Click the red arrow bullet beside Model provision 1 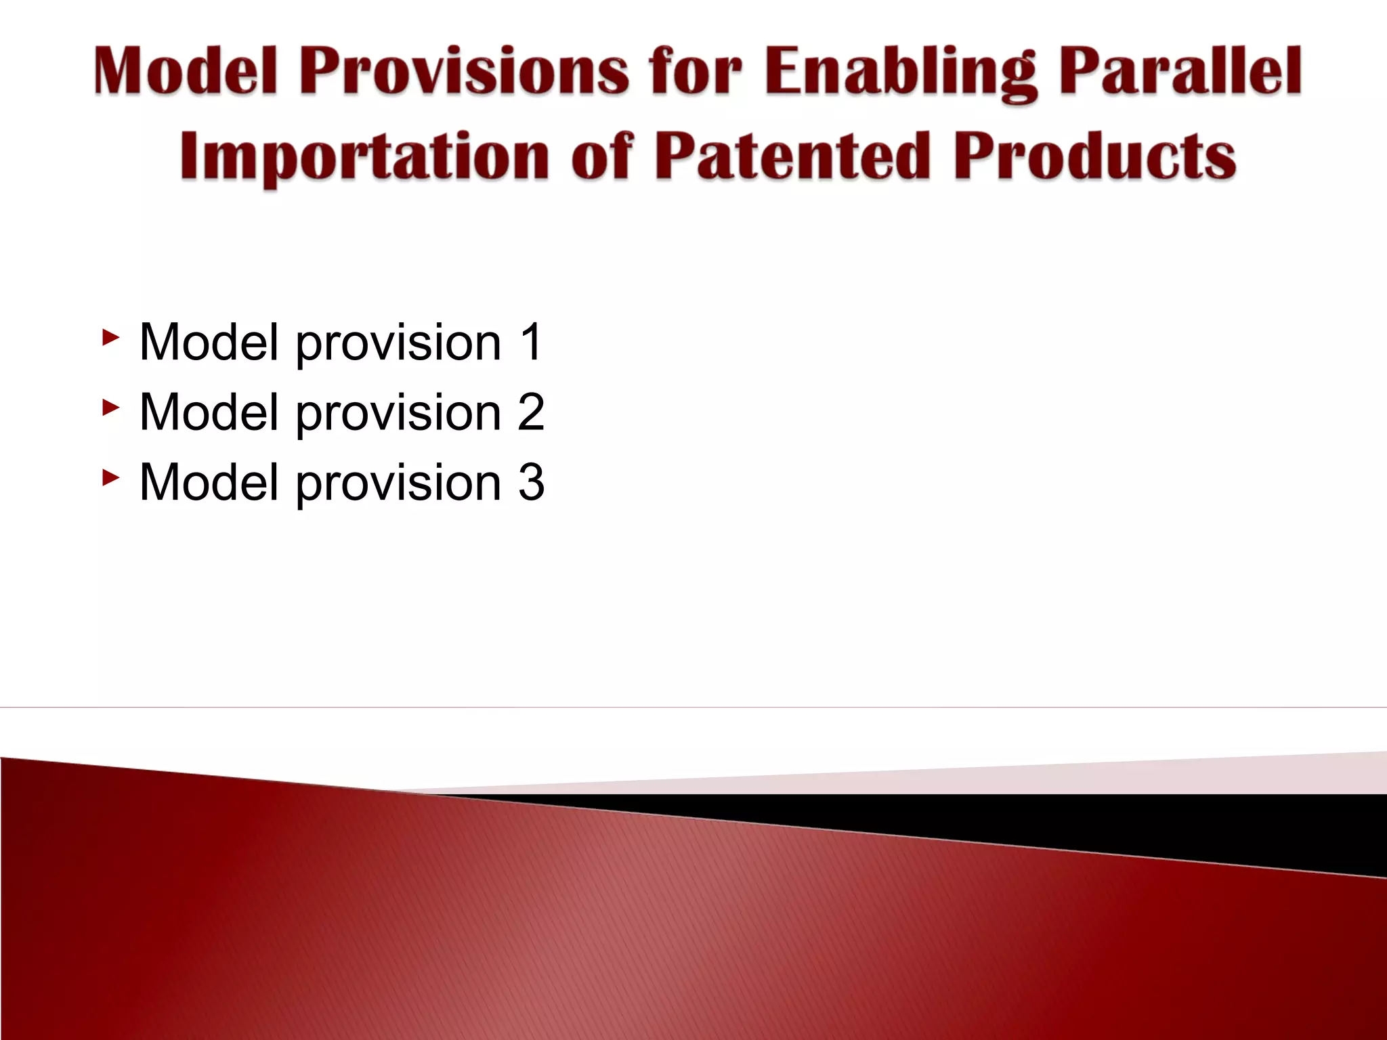tap(110, 337)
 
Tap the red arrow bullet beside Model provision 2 tap(110, 407)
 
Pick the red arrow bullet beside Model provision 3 tap(110, 477)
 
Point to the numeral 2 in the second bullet tap(531, 412)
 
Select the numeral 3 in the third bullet tap(531, 482)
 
